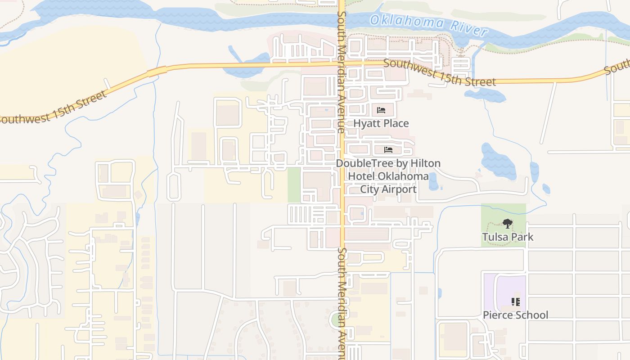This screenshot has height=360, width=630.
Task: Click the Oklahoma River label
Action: [428, 25]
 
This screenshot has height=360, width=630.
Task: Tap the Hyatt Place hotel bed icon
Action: [381, 110]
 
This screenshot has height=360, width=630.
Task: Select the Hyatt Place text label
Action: [381, 123]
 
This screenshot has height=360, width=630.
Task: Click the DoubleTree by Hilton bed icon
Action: [388, 150]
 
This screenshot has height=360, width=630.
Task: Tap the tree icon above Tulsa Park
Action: [508, 224]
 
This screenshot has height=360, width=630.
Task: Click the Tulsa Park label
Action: [508, 237]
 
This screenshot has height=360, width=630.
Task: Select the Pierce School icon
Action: [516, 302]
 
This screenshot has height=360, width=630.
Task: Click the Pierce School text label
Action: [516, 315]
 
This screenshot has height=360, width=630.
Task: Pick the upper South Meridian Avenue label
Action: [341, 72]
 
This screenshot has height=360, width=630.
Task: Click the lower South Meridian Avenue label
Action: [342, 301]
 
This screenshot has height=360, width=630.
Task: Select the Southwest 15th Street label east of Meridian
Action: [440, 73]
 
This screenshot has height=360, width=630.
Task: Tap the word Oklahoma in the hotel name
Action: [403, 176]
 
